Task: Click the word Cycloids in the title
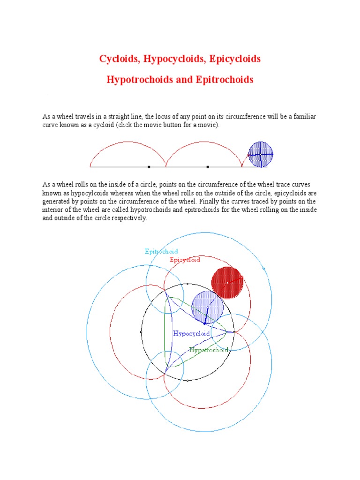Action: pyautogui.click(x=119, y=59)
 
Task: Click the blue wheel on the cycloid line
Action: pyautogui.click(x=261, y=154)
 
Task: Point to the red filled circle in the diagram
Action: pyautogui.click(x=227, y=283)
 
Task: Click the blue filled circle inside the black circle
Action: pyautogui.click(x=207, y=307)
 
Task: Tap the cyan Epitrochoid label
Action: pyautogui.click(x=161, y=251)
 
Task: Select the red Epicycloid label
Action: pyautogui.click(x=185, y=259)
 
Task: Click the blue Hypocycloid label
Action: pyautogui.click(x=191, y=334)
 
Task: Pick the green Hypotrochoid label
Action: pyautogui.click(x=209, y=350)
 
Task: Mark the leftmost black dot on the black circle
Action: pyautogui.click(x=141, y=332)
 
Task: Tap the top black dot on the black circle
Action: pyautogui.click(x=187, y=284)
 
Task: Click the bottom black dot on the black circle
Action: pyautogui.click(x=187, y=381)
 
